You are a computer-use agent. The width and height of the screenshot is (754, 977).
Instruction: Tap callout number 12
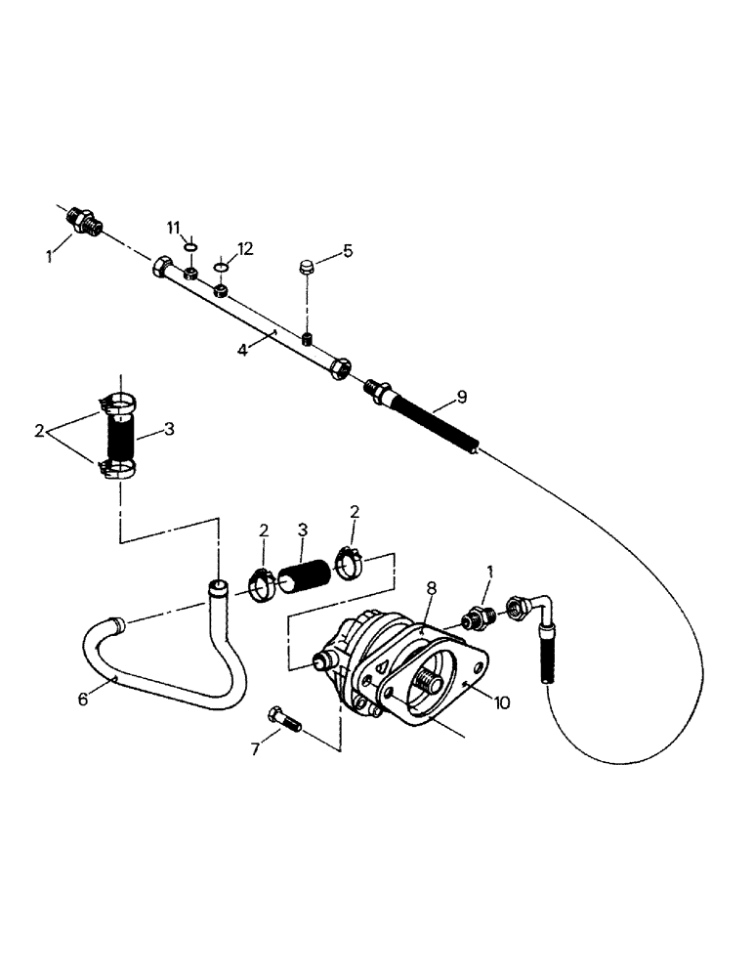click(244, 249)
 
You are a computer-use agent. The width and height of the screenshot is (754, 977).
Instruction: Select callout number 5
click(347, 252)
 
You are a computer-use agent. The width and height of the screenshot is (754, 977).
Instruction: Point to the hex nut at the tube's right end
click(341, 370)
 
